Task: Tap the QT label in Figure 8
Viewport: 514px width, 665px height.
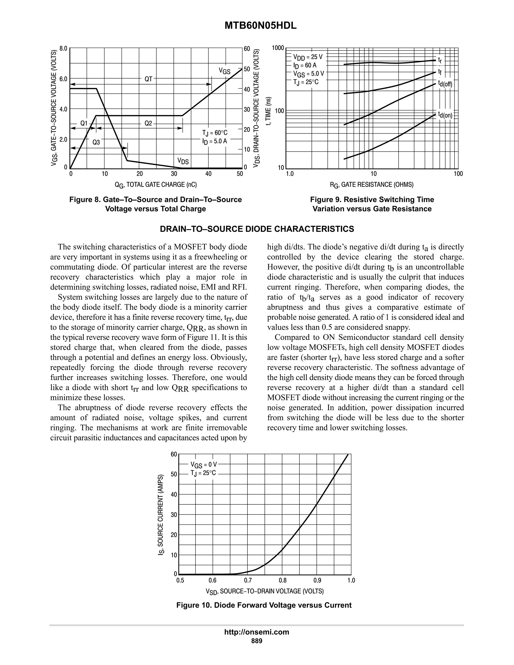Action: pyautogui.click(x=148, y=79)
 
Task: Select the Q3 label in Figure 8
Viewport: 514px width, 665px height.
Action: pyautogui.click(x=96, y=142)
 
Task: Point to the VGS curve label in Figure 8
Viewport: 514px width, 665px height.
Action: pyautogui.click(x=225, y=71)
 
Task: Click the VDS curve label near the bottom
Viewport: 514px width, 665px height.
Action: pyautogui.click(x=183, y=161)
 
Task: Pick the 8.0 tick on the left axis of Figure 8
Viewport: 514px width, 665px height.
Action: pyautogui.click(x=63, y=48)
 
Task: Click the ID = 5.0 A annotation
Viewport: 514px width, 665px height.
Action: pyautogui.click(x=215, y=141)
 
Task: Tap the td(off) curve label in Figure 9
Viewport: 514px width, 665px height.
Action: pyautogui.click(x=445, y=84)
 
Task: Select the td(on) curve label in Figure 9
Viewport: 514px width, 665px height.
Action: pyautogui.click(x=445, y=115)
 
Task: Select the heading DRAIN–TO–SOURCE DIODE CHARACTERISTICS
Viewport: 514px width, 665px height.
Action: pyautogui.click(x=257, y=229)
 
